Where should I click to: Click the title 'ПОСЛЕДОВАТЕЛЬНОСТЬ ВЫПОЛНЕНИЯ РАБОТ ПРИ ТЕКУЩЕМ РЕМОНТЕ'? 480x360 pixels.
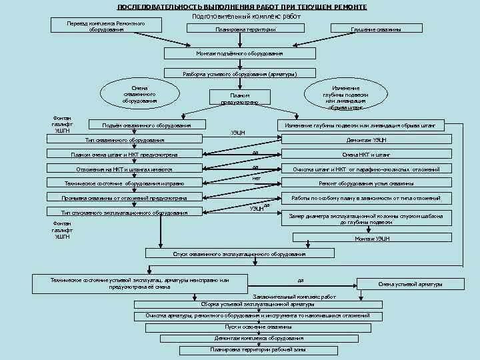(241, 7)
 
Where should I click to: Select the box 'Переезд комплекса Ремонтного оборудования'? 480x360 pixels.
(106, 27)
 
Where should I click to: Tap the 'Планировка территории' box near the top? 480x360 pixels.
(246, 30)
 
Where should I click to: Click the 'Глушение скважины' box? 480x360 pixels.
(375, 30)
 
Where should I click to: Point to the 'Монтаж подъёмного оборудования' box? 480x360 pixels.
(239, 53)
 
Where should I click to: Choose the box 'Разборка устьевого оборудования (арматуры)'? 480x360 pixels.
(239, 74)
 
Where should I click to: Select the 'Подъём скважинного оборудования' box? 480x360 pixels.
(146, 125)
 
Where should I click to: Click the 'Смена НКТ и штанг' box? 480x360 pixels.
(366, 155)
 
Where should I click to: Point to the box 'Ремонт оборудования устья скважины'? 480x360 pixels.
(366, 183)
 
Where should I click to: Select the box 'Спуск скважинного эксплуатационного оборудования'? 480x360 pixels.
(239, 254)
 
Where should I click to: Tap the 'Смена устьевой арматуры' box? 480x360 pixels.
(410, 285)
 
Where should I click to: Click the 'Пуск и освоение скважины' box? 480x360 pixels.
(258, 327)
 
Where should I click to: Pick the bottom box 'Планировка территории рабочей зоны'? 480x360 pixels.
(258, 349)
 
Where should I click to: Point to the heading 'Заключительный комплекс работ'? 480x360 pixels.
(294, 297)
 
